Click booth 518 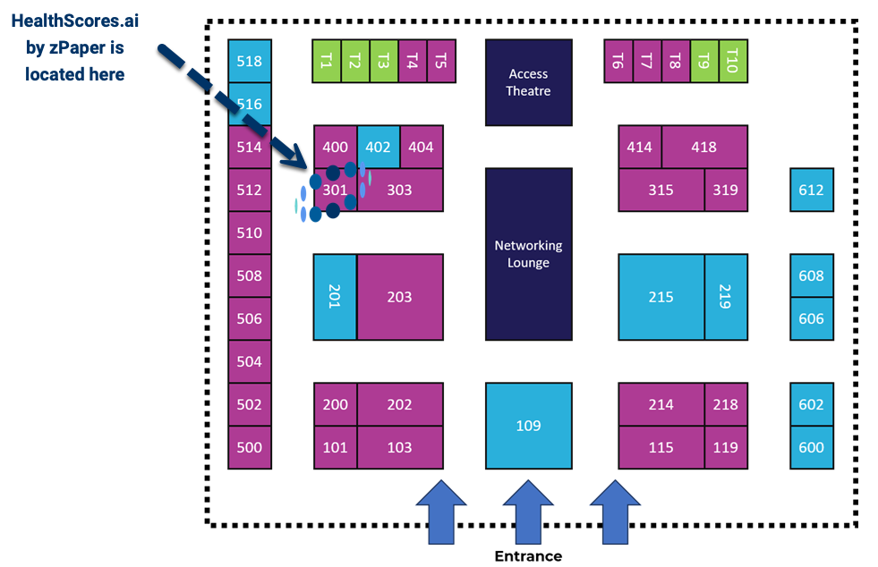249,61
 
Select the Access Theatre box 529,82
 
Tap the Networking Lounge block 529,254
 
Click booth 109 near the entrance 529,426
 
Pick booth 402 379,147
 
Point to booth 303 400,190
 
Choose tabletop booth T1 327,61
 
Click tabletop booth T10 733,61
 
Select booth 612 812,190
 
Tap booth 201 335,297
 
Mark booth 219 726,297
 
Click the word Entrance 528,555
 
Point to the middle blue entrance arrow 528,512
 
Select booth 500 249,447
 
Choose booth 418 704,147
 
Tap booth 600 812,447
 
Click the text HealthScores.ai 75,21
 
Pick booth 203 400,297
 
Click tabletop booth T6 618,61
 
